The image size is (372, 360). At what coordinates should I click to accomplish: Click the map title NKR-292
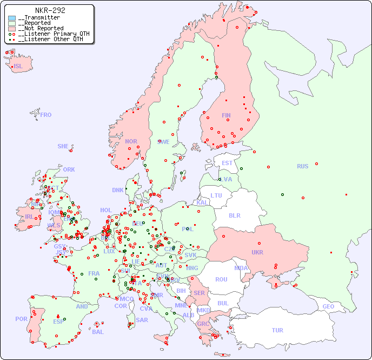point(50,10)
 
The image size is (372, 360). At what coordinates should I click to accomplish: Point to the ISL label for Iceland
point(18,67)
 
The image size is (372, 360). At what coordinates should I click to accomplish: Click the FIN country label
point(226,115)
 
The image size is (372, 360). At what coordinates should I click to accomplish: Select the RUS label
point(302,166)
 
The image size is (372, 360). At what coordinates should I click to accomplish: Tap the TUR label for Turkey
point(277,330)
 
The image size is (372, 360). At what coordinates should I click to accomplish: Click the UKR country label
point(257,252)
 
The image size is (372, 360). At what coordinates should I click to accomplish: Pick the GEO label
point(328,306)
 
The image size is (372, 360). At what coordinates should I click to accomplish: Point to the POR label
point(21,319)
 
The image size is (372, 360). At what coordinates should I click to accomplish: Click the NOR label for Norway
point(131,141)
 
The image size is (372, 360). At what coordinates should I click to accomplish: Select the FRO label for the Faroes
point(46,115)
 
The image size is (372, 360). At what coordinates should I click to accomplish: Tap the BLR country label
point(235,215)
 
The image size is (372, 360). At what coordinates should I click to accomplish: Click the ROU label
point(221,279)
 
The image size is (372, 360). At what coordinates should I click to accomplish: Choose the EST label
point(227,163)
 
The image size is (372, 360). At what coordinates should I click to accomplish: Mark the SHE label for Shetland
point(63,146)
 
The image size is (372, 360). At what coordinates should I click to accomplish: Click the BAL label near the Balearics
point(98,332)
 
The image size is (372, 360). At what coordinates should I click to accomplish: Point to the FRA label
point(94,273)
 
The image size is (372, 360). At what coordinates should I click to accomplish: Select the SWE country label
point(163,142)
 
